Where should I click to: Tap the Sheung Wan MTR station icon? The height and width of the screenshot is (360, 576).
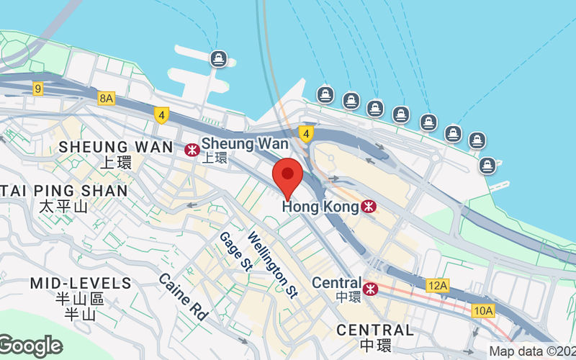point(192,150)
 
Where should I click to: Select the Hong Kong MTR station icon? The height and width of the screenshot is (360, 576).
point(369,207)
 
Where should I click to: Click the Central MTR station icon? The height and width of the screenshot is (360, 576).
point(370,289)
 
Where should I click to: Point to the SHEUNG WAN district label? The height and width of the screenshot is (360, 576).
point(116,147)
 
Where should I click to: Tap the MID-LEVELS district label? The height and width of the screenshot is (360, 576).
point(81,283)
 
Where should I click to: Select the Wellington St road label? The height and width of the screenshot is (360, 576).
point(272,264)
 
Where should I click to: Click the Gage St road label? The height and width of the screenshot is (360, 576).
point(234,251)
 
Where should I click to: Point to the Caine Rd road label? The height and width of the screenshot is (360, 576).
point(183,296)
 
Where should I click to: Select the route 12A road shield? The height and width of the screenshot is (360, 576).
point(436,286)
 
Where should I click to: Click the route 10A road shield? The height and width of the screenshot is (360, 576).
point(484,310)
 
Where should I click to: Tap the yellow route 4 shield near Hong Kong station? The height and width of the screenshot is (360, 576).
point(306,133)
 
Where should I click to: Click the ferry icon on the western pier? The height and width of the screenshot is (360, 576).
point(217,58)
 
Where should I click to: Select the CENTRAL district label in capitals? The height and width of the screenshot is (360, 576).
point(375,330)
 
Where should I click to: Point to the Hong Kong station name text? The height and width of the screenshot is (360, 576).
point(320,207)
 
